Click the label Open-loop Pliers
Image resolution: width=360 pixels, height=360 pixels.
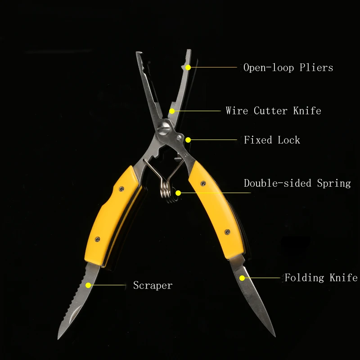coord(288,68)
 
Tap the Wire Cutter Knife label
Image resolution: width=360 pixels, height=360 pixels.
coord(273,111)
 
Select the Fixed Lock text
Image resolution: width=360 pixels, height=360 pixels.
coord(272,140)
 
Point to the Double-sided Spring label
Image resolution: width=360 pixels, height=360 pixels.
coord(297,183)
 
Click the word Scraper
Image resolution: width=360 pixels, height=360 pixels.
coord(153,285)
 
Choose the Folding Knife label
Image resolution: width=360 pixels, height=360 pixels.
coord(321,278)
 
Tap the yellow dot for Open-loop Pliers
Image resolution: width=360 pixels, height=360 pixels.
coord(189,67)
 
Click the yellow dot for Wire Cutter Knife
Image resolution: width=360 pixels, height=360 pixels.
coord(171,111)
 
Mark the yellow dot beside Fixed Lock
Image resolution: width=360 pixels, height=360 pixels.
coord(188,140)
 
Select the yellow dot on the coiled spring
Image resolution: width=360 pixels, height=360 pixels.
coord(178,193)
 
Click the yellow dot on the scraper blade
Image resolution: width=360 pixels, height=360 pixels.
coord(89,285)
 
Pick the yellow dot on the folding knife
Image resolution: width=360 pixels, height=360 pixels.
coord(242,278)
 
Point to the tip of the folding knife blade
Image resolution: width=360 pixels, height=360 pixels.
coord(274,336)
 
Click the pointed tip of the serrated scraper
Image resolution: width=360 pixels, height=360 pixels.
coord(58,338)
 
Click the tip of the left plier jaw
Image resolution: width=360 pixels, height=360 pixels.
coord(137,54)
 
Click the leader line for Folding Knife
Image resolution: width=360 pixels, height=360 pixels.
coord(263,278)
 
